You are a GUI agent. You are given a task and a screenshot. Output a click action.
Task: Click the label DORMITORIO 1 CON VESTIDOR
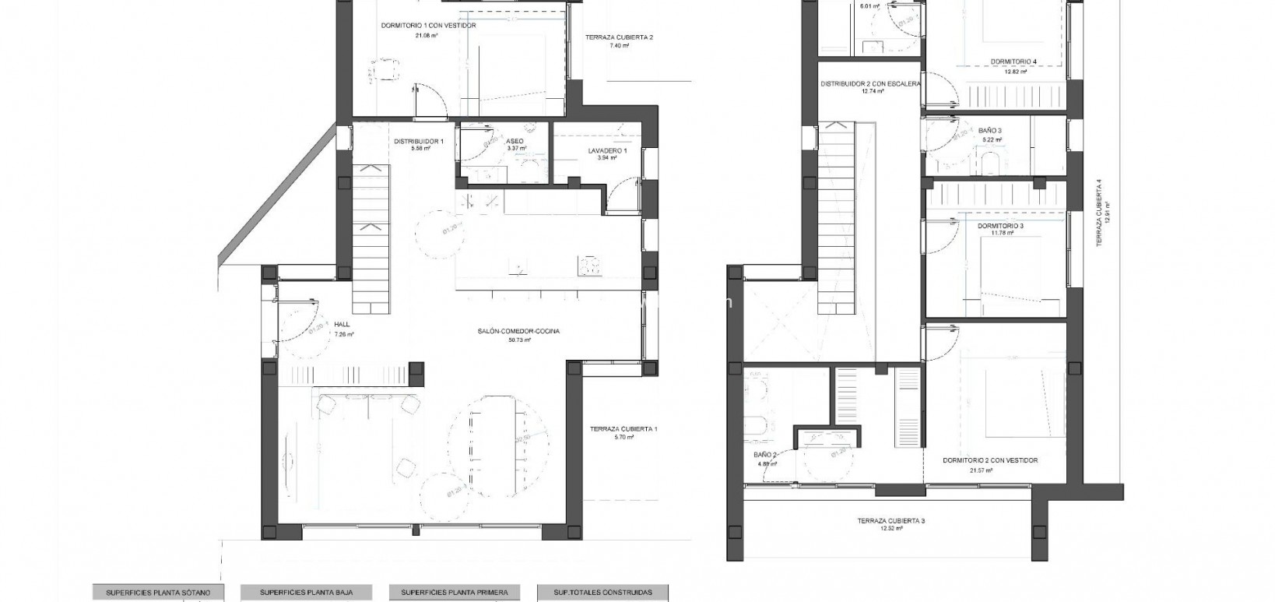(429, 26)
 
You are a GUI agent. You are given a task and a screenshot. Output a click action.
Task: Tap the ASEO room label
(515, 141)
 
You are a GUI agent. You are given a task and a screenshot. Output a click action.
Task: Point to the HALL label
(342, 324)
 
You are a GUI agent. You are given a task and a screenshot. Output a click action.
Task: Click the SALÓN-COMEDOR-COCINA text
(519, 331)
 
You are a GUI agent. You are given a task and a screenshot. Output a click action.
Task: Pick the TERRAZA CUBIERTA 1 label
(623, 429)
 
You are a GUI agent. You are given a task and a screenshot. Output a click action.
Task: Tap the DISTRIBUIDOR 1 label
(418, 141)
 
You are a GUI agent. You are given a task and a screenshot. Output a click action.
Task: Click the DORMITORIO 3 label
(1001, 226)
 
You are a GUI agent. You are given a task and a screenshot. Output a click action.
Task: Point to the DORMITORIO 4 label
(1013, 62)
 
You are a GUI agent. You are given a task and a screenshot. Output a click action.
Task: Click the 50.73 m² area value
(519, 340)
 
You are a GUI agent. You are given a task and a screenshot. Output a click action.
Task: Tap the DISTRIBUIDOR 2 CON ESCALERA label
(870, 83)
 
